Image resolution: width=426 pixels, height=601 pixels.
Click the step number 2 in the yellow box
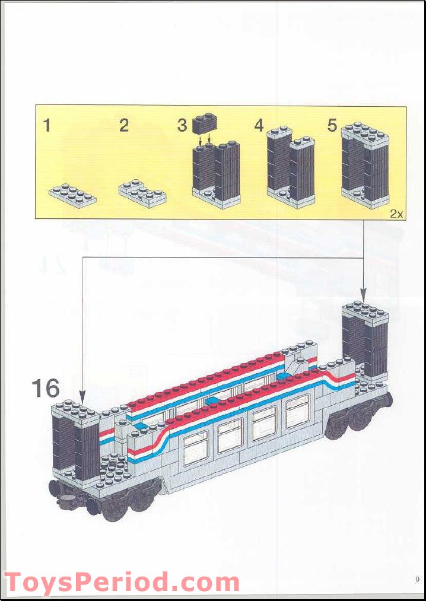coord(123,126)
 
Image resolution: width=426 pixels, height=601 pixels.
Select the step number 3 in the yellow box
coord(182,126)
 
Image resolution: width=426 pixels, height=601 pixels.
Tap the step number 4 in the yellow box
coord(259,126)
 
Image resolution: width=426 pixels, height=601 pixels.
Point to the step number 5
coord(332,126)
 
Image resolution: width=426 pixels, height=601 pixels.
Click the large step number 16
coord(46,389)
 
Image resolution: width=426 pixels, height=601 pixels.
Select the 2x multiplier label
coord(396,214)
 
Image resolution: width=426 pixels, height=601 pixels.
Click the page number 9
coord(417,580)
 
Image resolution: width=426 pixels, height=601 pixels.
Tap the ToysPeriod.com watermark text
coord(122,582)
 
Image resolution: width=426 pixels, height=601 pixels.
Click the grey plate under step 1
coord(72,195)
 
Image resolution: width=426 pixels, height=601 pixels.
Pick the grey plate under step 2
coord(142,194)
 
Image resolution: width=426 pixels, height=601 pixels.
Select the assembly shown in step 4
coord(290,168)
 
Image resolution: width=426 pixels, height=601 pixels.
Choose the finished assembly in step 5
coord(365,166)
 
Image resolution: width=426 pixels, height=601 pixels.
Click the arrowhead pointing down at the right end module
coord(364,294)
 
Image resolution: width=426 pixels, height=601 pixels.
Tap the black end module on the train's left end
coord(76,442)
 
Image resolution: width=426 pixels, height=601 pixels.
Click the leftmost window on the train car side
coord(195,447)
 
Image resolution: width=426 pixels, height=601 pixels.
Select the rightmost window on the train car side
coord(297,411)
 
